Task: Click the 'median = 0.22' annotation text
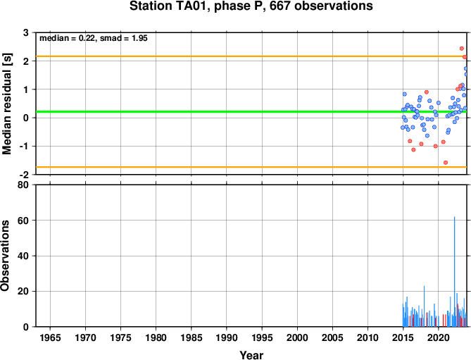tap(68, 38)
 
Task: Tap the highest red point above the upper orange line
tap(462, 49)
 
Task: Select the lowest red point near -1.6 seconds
tap(446, 163)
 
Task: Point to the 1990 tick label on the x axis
tap(227, 337)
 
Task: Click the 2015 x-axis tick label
tap(403, 337)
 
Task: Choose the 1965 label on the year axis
tap(50, 337)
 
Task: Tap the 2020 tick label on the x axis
tap(438, 337)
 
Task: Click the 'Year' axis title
tap(251, 355)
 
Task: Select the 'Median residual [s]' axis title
tap(6, 104)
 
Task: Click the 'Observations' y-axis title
tap(5, 256)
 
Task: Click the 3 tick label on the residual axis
tap(26, 32)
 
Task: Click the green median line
tap(251, 112)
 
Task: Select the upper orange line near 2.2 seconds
tap(251, 56)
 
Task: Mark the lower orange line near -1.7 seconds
tap(251, 167)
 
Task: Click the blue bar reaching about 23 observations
tap(424, 306)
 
